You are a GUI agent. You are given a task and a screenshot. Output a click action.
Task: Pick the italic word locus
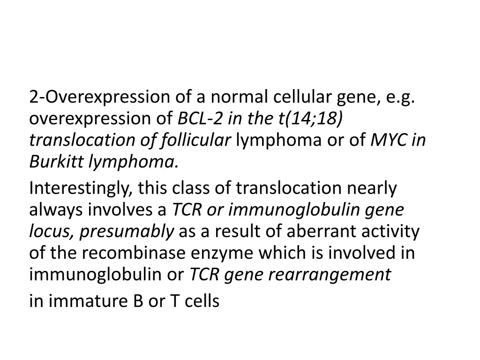click(x=50, y=232)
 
